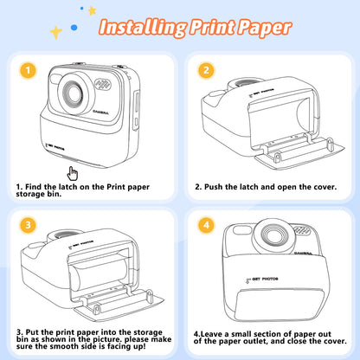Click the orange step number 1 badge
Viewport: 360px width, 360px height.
pyautogui.click(x=28, y=70)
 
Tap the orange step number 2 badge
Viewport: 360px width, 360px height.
pyautogui.click(x=206, y=70)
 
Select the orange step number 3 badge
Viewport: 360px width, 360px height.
pyautogui.click(x=28, y=225)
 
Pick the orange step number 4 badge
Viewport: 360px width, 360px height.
pyautogui.click(x=206, y=225)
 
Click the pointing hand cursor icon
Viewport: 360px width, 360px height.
pyautogui.click(x=73, y=173)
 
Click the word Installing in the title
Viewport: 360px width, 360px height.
pyautogui.click(x=143, y=28)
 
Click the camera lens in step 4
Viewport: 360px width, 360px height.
pyautogui.click(x=273, y=235)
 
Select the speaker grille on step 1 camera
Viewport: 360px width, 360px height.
pyautogui.click(x=103, y=84)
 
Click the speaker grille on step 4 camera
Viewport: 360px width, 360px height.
pyautogui.click(x=301, y=230)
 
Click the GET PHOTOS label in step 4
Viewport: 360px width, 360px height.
pyautogui.click(x=262, y=280)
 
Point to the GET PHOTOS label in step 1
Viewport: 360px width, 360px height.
pyautogui.click(x=55, y=148)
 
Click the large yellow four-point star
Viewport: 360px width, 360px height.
pyautogui.click(x=56, y=32)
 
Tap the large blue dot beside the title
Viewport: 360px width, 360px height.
pyautogui.click(x=74, y=28)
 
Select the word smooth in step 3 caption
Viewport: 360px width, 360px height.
pyautogui.click(x=67, y=346)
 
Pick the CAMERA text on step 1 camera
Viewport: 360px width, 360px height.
pyautogui.click(x=101, y=112)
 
